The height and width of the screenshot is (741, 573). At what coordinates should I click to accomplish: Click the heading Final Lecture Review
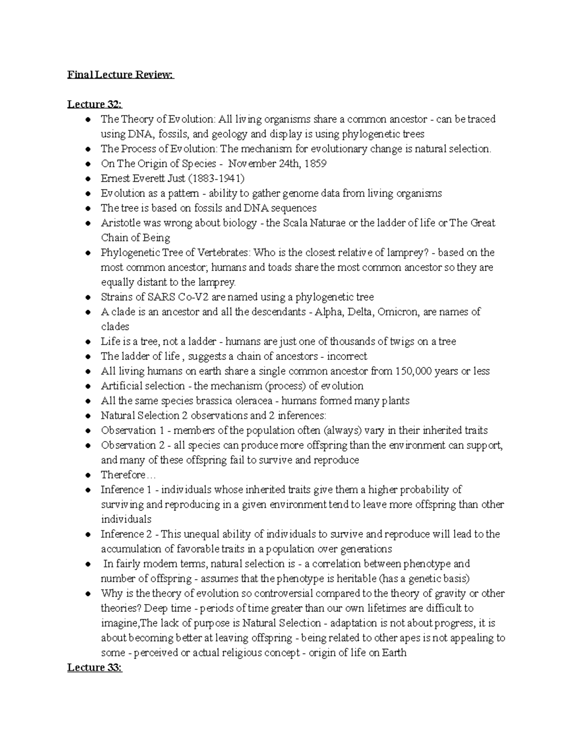(x=121, y=75)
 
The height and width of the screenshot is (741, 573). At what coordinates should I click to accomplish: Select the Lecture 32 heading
(x=95, y=104)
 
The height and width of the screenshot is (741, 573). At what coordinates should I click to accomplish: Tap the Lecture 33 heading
(x=95, y=668)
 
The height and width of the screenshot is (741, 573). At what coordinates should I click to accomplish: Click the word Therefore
(x=123, y=475)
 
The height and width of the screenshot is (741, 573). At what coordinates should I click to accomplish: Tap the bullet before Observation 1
(x=87, y=431)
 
